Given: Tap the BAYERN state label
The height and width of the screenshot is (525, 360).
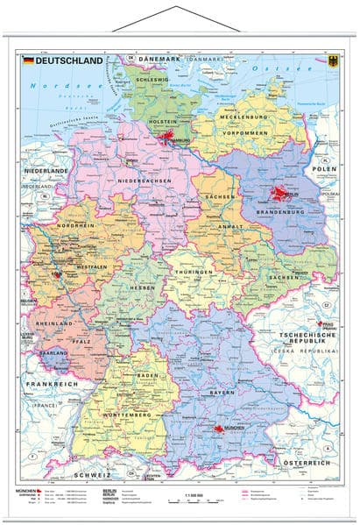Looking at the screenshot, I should tap(222, 392).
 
